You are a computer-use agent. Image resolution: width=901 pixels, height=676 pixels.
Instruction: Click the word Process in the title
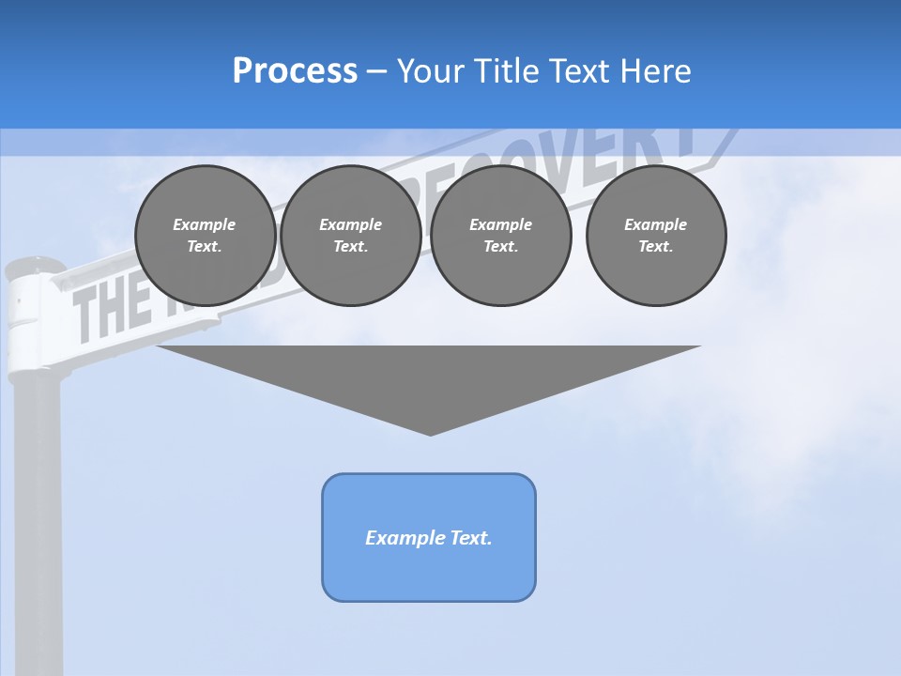click(x=295, y=71)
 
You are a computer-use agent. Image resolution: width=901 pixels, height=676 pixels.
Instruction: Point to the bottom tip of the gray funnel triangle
click(x=430, y=433)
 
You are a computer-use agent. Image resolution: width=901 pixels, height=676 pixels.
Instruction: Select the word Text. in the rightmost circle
click(x=655, y=246)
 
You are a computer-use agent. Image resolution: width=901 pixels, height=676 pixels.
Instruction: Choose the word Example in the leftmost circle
click(x=204, y=224)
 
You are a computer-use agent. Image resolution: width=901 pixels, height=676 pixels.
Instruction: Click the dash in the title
click(x=376, y=71)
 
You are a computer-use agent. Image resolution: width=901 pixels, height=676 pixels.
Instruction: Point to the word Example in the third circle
click(x=500, y=224)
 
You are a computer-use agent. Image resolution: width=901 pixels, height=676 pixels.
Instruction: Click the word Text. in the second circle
click(x=350, y=246)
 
